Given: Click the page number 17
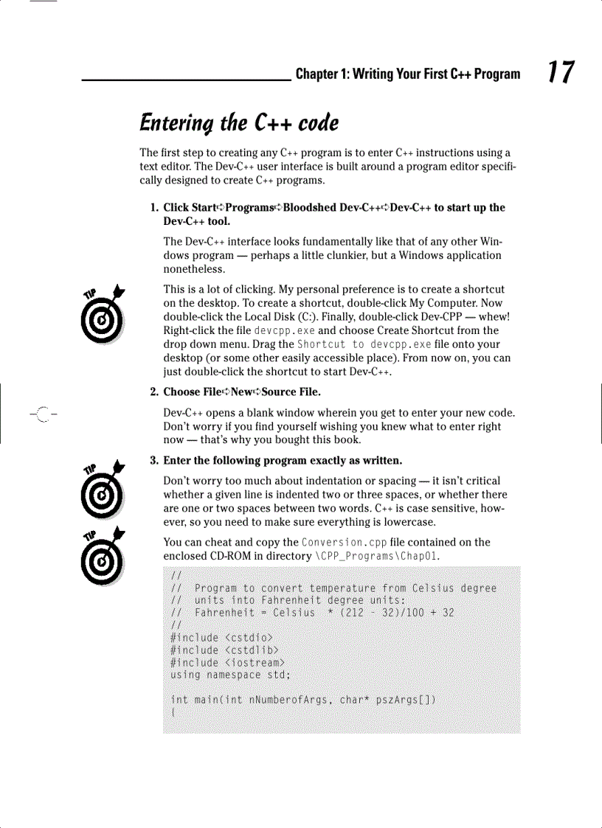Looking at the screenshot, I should pyautogui.click(x=561, y=73).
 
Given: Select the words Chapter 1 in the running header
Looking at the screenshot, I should pyautogui.click(x=321, y=74).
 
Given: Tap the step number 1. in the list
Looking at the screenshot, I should pyautogui.click(x=155, y=207).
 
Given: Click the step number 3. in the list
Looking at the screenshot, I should pyautogui.click(x=155, y=461).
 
